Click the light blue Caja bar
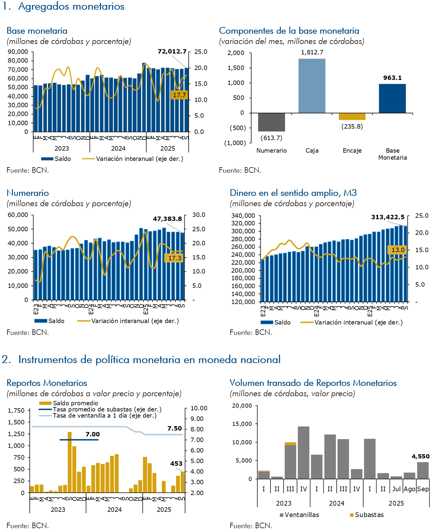(x=312, y=86)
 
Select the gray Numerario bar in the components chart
(x=271, y=122)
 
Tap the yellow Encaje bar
(x=352, y=116)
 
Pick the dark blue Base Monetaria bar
(x=392, y=98)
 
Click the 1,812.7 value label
(x=312, y=52)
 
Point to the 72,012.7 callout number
(x=172, y=52)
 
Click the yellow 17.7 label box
(x=179, y=95)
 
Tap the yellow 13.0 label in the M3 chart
(x=398, y=250)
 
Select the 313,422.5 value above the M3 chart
(x=388, y=217)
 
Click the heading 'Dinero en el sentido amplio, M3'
(x=293, y=193)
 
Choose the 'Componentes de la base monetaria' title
(x=289, y=31)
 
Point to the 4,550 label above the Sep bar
(x=420, y=456)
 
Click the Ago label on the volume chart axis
(x=409, y=489)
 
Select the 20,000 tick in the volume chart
(x=242, y=406)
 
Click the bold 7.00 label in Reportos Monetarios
(x=93, y=434)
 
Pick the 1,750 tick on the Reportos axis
(x=16, y=411)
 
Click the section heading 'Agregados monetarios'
(x=71, y=6)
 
